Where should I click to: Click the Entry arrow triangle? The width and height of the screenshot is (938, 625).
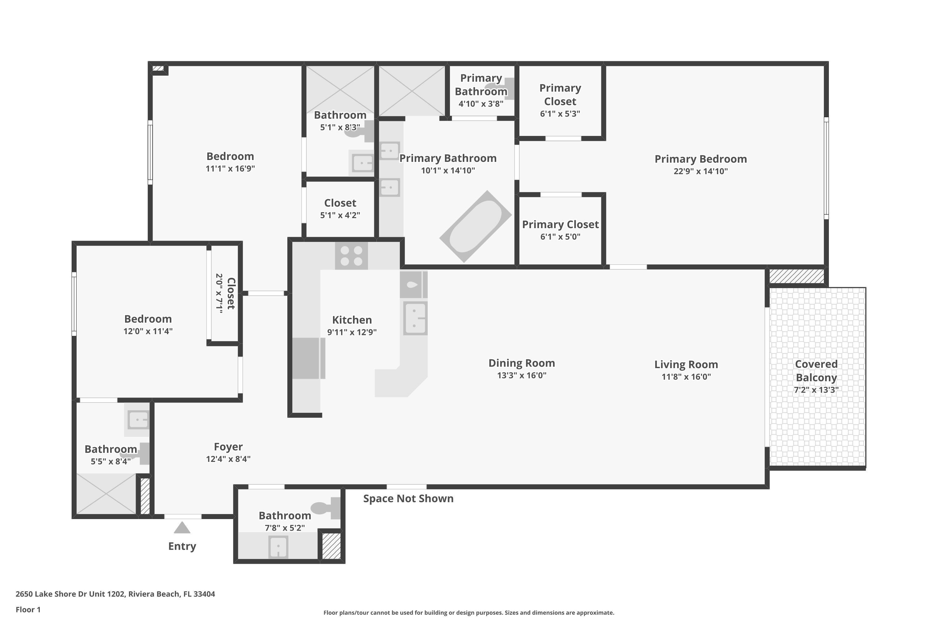182,528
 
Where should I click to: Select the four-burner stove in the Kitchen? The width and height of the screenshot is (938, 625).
351,256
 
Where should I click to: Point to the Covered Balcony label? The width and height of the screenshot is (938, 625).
816,371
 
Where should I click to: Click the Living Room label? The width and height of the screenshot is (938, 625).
686,364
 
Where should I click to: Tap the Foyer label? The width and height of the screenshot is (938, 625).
228,447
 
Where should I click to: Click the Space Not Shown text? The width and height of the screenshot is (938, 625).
408,499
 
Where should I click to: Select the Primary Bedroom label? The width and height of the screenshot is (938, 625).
700,159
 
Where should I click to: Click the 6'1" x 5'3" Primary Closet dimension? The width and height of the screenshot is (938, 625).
560,114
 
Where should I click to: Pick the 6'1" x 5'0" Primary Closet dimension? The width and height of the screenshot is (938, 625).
560,237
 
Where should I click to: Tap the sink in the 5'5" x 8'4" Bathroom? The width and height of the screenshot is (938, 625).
138,420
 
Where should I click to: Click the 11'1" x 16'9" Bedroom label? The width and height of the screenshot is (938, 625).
230,156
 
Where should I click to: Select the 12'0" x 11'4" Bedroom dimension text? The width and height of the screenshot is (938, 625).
148,331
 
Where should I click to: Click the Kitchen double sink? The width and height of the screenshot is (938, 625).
415,318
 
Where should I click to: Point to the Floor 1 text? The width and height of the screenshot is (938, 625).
28,609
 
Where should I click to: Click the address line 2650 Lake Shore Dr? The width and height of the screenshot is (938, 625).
115,594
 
